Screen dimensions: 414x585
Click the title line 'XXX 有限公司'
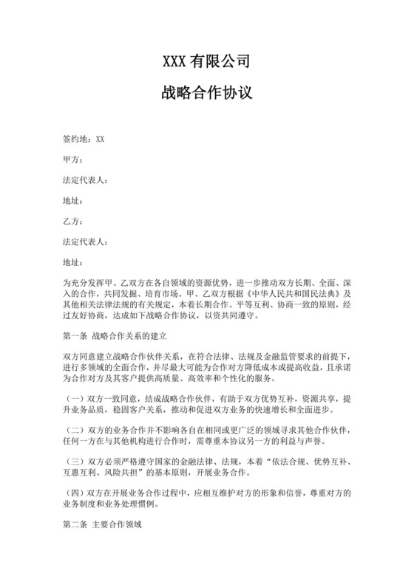pos(206,61)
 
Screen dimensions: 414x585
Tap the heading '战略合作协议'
pos(206,94)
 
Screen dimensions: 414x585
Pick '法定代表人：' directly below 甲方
pos(85,179)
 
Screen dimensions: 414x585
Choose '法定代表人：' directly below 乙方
pos(85,241)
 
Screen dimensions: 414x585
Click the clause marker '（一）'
pos(75,397)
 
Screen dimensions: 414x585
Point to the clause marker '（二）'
pos(75,429)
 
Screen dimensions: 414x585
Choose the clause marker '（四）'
pos(75,492)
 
